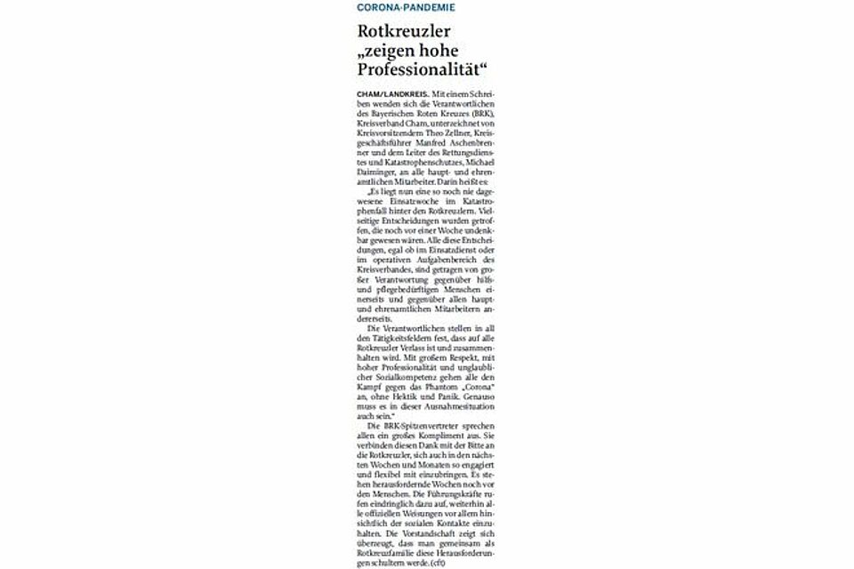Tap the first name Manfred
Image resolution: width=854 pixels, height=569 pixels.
coord(416,140)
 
